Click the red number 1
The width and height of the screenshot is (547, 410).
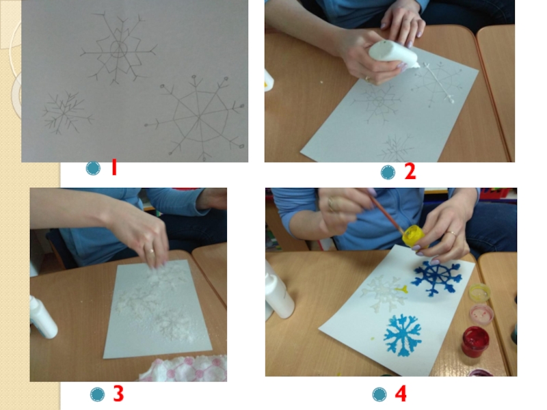tap(114, 167)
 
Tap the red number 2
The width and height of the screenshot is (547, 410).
tap(410, 172)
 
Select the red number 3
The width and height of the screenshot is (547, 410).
tap(118, 394)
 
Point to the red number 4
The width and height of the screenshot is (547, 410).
tap(401, 394)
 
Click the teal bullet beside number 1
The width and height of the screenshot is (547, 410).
tap(93, 168)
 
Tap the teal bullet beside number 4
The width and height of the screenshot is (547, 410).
tap(379, 395)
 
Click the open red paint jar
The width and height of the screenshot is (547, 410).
tap(475, 342)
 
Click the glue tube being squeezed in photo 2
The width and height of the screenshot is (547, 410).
tap(394, 55)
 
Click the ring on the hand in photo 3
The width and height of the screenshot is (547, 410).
tap(150, 250)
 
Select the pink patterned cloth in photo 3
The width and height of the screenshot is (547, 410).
tap(185, 369)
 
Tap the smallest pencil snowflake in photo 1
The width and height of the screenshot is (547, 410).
tap(66, 112)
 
